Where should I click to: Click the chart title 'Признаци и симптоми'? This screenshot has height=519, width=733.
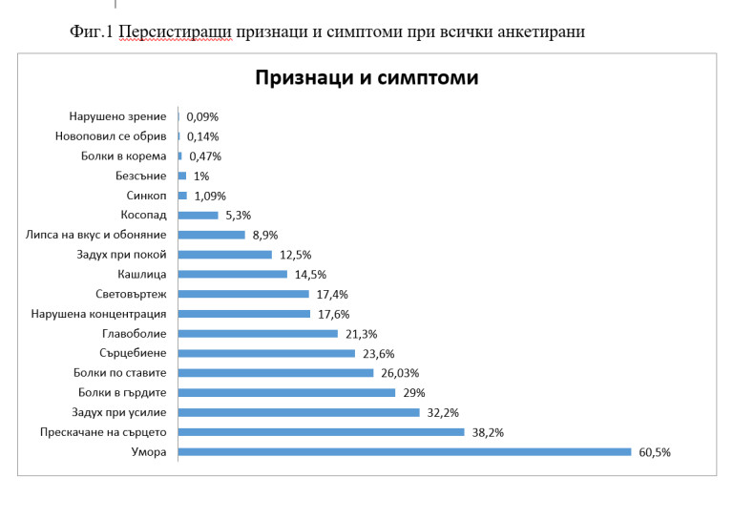(x=366, y=78)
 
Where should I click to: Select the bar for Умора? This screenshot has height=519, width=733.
(x=405, y=452)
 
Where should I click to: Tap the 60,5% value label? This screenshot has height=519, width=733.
(x=655, y=452)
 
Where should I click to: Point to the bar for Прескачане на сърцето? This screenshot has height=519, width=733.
(x=321, y=432)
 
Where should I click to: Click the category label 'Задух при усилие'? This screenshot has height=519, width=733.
(x=119, y=412)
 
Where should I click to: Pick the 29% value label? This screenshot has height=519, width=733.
(x=413, y=392)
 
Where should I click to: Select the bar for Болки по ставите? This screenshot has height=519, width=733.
(x=276, y=373)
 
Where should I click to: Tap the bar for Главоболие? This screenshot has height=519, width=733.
(x=258, y=334)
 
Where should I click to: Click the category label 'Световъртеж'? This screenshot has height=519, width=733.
(x=132, y=294)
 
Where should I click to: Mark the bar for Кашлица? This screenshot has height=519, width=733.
(x=233, y=274)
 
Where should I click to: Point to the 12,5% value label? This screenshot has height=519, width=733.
(x=295, y=255)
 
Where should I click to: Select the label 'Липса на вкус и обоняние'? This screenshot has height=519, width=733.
(x=96, y=235)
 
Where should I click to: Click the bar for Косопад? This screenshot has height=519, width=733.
(x=199, y=215)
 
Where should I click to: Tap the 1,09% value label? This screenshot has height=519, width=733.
(x=210, y=196)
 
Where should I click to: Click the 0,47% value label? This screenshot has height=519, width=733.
(x=205, y=156)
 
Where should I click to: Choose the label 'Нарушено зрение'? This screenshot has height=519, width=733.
(x=117, y=116)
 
